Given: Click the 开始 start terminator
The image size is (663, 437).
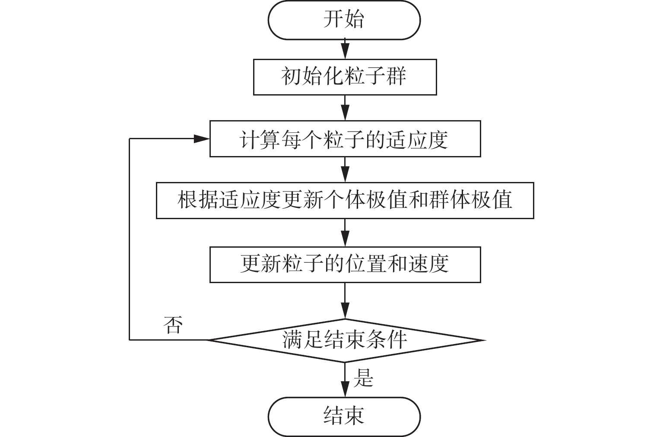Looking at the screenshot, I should (344, 20).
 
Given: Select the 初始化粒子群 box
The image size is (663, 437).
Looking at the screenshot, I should (344, 77).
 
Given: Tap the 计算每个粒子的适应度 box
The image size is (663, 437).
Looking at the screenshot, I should (344, 139).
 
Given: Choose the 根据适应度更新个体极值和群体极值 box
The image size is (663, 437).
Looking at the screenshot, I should (344, 201).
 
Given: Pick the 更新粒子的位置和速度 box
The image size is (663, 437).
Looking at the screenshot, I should (344, 265).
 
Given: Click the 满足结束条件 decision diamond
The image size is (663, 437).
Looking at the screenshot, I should (344, 340).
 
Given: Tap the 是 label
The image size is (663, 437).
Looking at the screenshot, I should (363, 378).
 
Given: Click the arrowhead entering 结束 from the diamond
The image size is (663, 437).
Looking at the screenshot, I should (345, 392).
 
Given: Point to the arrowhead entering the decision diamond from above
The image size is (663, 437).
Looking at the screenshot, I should (345, 313).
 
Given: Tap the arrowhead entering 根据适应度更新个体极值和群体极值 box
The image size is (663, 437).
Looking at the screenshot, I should (345, 177).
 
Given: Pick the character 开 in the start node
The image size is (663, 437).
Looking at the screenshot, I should (334, 20).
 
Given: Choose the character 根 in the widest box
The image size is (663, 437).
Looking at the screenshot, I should (186, 201).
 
